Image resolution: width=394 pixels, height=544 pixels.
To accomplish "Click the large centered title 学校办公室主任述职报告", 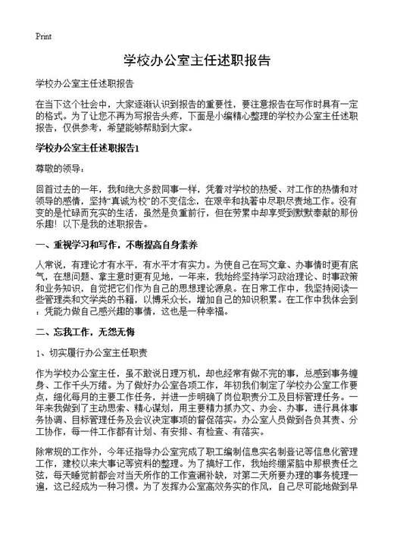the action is point(196,60).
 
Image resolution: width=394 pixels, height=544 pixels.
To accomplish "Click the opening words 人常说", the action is point(49,266).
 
